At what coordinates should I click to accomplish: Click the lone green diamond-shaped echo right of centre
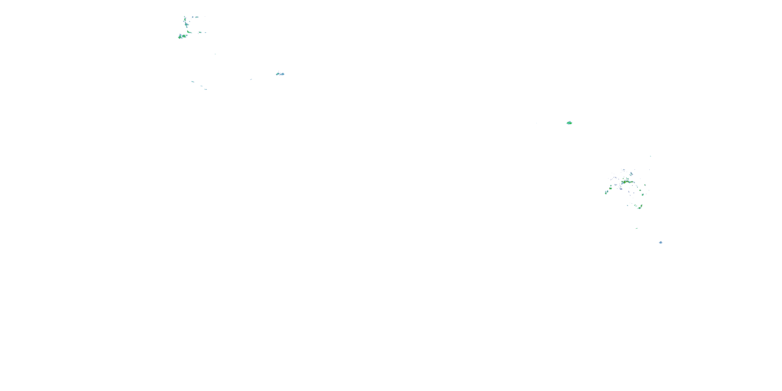click(569, 123)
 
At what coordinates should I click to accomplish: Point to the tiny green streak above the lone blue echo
click(637, 228)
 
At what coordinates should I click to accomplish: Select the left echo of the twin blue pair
click(278, 74)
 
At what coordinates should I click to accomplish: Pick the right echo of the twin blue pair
click(282, 74)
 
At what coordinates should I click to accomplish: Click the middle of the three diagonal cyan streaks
click(201, 86)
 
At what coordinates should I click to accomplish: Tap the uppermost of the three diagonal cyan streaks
click(192, 82)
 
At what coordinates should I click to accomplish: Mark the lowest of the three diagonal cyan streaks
click(206, 89)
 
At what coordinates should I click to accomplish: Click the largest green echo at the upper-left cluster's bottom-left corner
click(180, 36)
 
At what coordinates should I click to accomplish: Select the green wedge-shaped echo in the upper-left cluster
click(189, 32)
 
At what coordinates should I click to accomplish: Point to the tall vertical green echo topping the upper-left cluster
click(185, 21)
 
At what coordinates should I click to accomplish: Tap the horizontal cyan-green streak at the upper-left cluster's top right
click(195, 17)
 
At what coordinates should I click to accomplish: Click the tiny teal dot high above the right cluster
click(650, 156)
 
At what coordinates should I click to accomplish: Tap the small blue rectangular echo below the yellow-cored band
click(621, 189)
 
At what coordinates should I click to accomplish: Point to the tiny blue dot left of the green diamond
click(536, 123)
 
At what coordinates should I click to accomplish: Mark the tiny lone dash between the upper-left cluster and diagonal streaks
click(215, 54)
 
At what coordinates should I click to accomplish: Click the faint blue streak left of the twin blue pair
click(251, 80)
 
